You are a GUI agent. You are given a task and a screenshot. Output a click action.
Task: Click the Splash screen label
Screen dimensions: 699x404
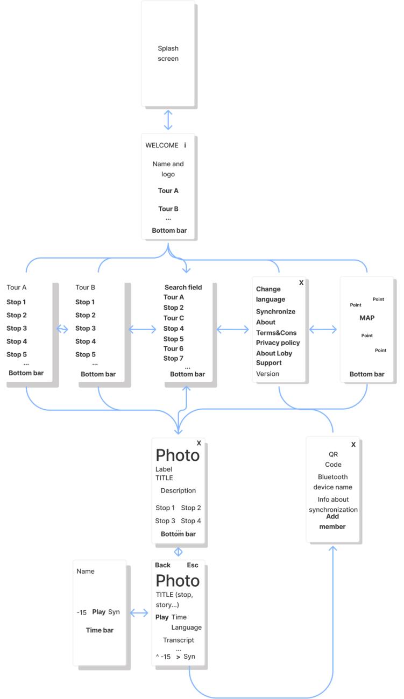click(x=168, y=53)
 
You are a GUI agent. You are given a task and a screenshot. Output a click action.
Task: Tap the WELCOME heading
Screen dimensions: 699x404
click(x=161, y=145)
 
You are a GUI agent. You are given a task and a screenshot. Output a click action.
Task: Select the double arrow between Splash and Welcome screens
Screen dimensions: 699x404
click(x=168, y=119)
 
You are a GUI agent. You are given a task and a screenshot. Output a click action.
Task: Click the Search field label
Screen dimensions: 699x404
click(x=183, y=287)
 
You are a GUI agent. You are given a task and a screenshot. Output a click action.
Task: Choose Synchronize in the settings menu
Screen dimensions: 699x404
click(x=275, y=311)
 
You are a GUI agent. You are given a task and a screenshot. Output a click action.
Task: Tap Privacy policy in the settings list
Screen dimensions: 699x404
click(x=278, y=343)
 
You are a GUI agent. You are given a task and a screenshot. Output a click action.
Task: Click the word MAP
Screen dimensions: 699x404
click(x=367, y=318)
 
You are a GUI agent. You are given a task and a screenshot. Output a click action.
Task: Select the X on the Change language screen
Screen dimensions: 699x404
click(x=301, y=282)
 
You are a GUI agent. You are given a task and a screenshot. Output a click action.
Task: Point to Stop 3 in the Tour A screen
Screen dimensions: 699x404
click(x=17, y=328)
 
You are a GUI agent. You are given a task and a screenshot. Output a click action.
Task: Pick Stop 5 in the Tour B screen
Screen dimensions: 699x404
click(x=86, y=354)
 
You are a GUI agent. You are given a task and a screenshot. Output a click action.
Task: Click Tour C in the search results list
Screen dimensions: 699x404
click(x=174, y=318)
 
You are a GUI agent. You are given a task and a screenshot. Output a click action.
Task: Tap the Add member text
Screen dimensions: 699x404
click(x=332, y=522)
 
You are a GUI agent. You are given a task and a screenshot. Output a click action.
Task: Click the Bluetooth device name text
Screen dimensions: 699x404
click(x=333, y=482)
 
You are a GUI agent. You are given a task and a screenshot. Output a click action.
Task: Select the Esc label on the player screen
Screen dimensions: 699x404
click(x=193, y=565)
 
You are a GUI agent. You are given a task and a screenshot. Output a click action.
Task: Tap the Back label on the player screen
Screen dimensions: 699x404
click(x=162, y=565)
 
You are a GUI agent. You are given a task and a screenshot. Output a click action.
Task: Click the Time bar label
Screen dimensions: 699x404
click(x=100, y=630)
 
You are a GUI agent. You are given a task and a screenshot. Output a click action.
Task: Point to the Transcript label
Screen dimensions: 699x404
click(x=179, y=640)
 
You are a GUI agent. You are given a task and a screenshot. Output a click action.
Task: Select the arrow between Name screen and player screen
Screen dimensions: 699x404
click(x=139, y=612)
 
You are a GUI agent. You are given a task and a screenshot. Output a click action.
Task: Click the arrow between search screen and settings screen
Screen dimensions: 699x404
click(x=232, y=329)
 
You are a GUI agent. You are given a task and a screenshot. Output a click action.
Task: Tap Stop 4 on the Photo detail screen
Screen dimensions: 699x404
click(x=191, y=520)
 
